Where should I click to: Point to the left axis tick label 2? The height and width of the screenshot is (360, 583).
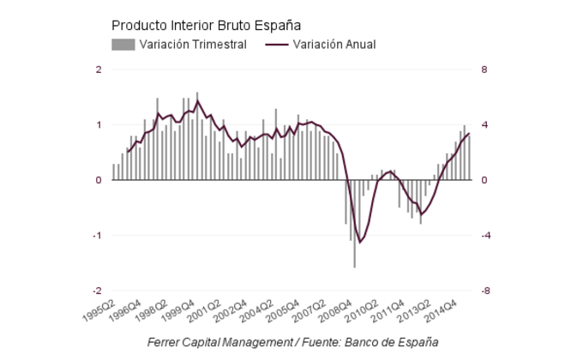99,69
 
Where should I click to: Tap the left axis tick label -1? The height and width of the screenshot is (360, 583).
97,236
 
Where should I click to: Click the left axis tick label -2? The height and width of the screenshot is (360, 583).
97,291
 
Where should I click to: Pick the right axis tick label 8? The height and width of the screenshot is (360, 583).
484,69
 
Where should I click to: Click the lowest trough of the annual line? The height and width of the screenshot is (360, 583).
360,243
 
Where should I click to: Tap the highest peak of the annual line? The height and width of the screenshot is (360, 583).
198,101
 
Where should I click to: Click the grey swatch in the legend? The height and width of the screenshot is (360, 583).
123,45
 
